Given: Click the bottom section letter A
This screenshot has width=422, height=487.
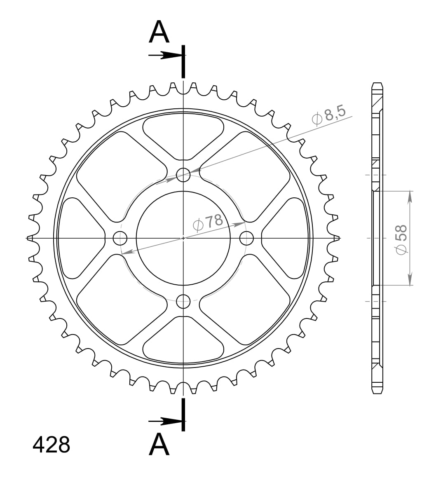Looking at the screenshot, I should coord(159,445).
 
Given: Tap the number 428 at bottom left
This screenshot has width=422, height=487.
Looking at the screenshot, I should coord(52,445).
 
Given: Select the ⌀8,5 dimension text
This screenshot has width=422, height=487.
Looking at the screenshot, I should coord(330,115).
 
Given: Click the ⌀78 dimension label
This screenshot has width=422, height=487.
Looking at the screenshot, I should coord(208,222).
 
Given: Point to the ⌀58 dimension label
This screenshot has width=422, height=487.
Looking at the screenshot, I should coord(401,239).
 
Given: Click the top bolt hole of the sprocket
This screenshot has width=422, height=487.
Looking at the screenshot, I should coord(183,175).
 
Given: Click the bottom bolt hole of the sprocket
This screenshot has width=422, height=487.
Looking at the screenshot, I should coord(183,301).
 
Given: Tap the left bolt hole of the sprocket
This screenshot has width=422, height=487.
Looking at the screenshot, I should coord(120,238).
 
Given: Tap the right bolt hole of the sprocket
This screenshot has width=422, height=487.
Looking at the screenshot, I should coord(246,238).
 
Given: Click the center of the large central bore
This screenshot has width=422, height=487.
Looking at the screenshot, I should coord(183,238).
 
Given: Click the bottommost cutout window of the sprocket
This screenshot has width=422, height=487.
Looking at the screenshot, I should coord(183,340).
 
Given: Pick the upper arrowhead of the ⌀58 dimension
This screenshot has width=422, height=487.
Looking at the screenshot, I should coord(410,197).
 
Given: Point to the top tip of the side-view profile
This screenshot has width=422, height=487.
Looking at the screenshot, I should coord(377,84).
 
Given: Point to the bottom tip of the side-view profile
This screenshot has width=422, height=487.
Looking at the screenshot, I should coord(377,392).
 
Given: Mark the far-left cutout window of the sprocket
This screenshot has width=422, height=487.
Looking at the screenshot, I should coord(79,238).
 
